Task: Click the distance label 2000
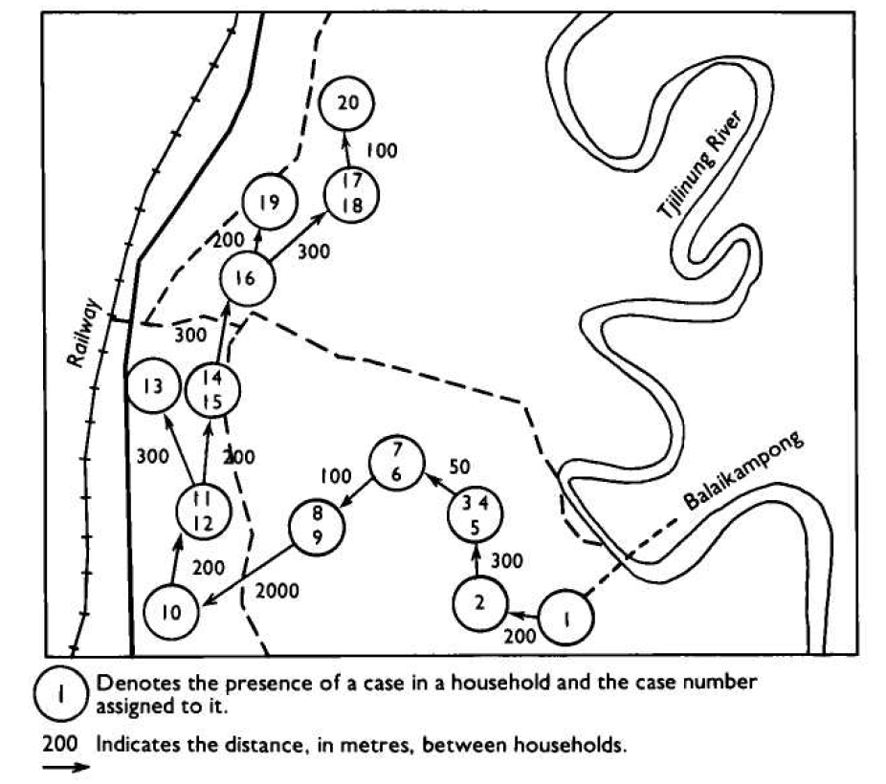[277, 591]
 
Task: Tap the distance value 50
[459, 467]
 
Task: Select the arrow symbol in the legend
[66, 767]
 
